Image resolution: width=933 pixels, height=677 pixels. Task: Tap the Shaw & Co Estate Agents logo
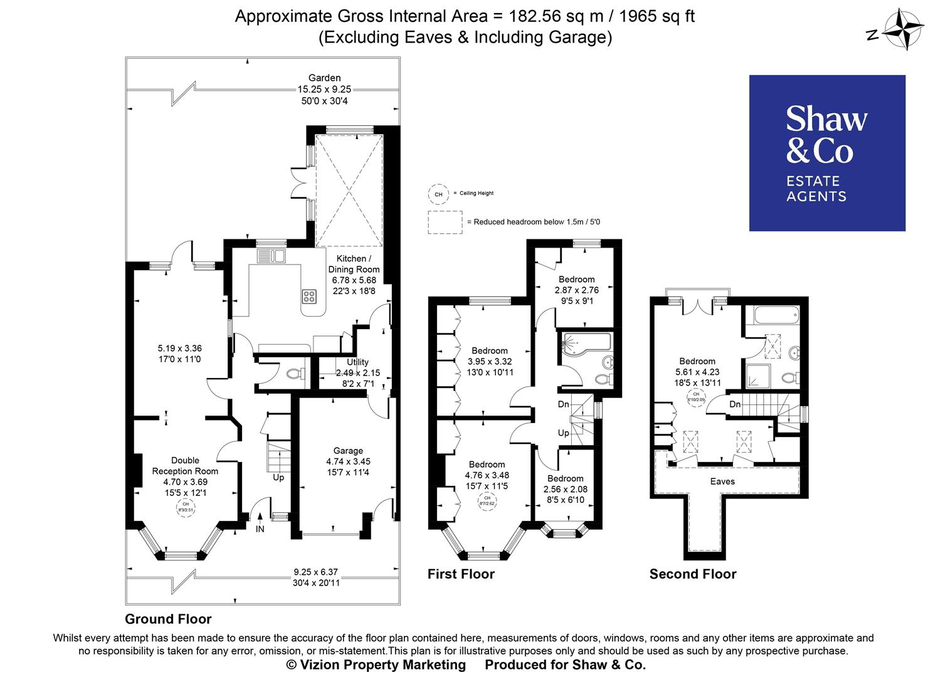click(827, 153)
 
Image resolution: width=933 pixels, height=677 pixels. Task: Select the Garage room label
click(348, 451)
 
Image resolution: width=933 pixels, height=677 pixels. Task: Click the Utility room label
click(357, 362)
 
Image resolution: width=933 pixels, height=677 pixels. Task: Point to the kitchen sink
click(271, 255)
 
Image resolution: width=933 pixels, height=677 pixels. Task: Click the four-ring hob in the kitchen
click(309, 296)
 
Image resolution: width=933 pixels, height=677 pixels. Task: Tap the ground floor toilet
click(294, 374)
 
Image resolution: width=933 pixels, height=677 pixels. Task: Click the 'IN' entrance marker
click(260, 529)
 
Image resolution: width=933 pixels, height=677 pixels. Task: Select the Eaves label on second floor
click(722, 481)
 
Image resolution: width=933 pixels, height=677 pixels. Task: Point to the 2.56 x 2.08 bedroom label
click(565, 489)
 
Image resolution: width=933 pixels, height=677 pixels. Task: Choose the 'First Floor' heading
click(461, 574)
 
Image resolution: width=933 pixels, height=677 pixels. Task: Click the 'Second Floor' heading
click(693, 574)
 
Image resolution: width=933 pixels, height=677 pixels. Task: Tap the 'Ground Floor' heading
click(168, 619)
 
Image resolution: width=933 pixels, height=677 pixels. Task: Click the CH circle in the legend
click(438, 194)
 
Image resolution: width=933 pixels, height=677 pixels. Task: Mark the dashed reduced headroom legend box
click(445, 223)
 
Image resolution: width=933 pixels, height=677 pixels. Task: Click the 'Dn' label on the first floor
click(563, 405)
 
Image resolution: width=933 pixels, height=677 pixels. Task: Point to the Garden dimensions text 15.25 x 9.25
click(324, 89)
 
